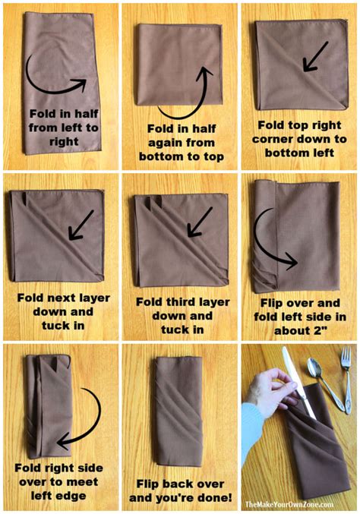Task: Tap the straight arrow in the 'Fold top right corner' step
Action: click(x=314, y=57)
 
